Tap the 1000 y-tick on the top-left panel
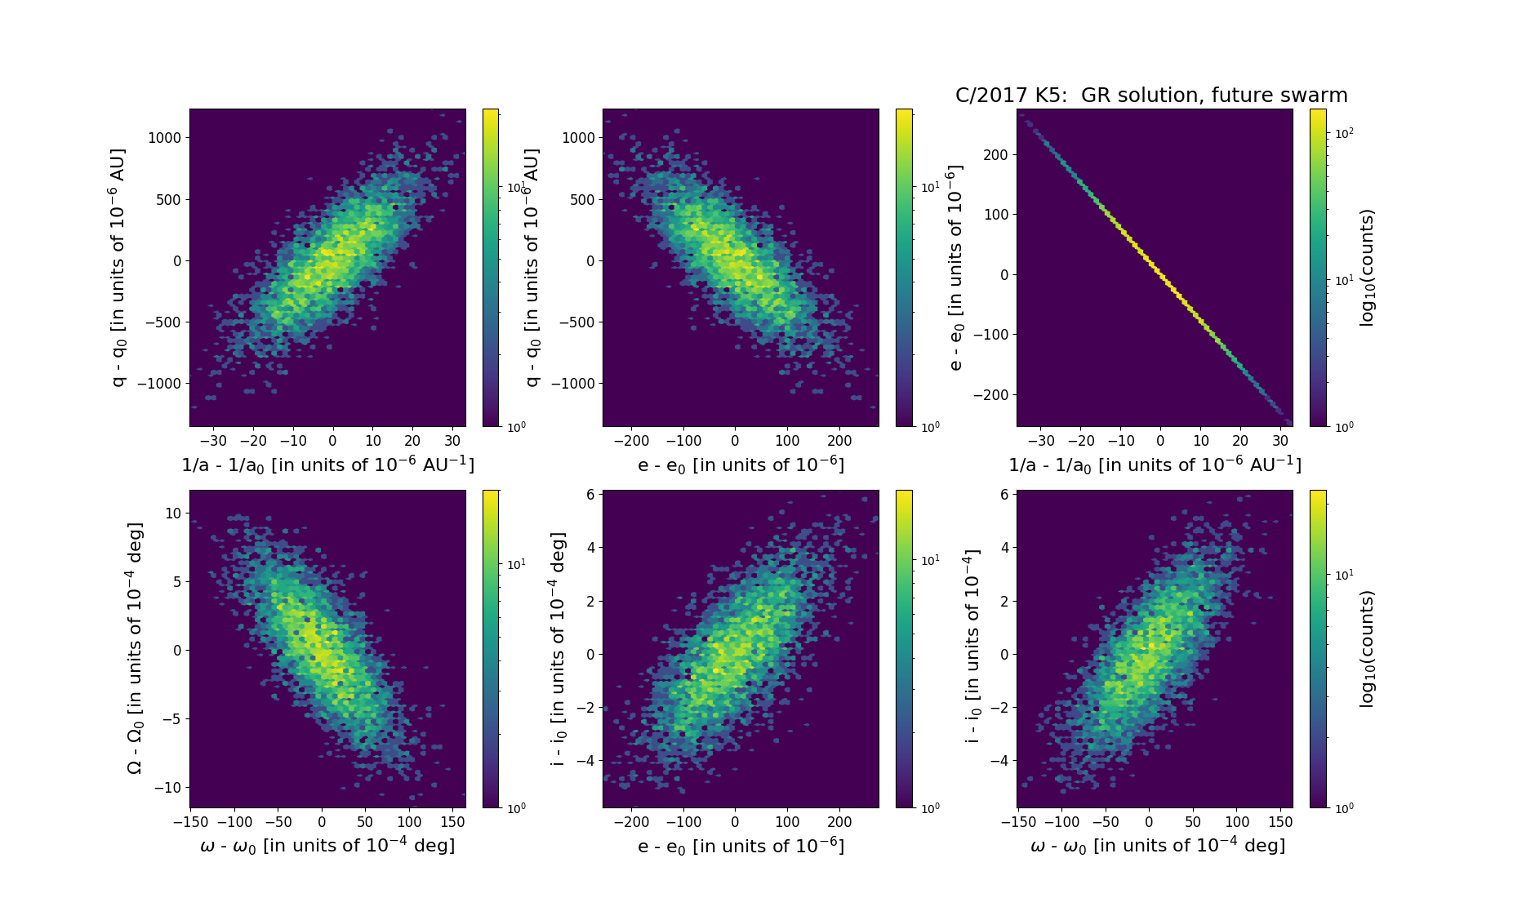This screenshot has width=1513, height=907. pos(164,138)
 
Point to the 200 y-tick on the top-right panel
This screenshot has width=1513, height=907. pos(996,155)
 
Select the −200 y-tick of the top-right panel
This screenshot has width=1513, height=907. pos(991,395)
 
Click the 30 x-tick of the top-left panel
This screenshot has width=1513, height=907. pos(452,441)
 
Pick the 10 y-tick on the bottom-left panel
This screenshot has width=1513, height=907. pos(173,514)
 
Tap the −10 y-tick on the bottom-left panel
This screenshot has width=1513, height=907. pos(168,788)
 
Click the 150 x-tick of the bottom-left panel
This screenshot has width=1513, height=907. pos(453,821)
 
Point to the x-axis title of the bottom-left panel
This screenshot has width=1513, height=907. pos(327,846)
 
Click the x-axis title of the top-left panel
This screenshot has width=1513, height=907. pos(327,465)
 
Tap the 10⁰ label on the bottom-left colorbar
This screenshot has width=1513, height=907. pos(516,808)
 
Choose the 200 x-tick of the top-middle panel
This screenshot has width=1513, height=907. pos(839,441)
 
